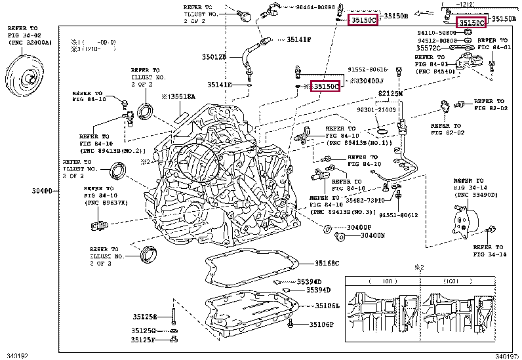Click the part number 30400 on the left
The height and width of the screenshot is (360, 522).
pyautogui.click(x=41, y=191)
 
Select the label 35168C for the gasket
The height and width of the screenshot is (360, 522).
pyautogui.click(x=326, y=264)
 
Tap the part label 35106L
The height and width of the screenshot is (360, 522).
pyautogui.click(x=327, y=306)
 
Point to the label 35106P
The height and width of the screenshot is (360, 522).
pyautogui.click(x=321, y=325)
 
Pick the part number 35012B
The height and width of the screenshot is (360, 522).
pyautogui.click(x=214, y=57)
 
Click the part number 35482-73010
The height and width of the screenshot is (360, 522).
pyautogui.click(x=365, y=200)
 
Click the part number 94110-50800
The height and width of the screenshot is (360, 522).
pyautogui.click(x=436, y=32)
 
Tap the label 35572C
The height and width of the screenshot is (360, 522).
pyautogui.click(x=428, y=49)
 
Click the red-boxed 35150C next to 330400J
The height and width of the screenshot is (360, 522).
pyautogui.click(x=325, y=86)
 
